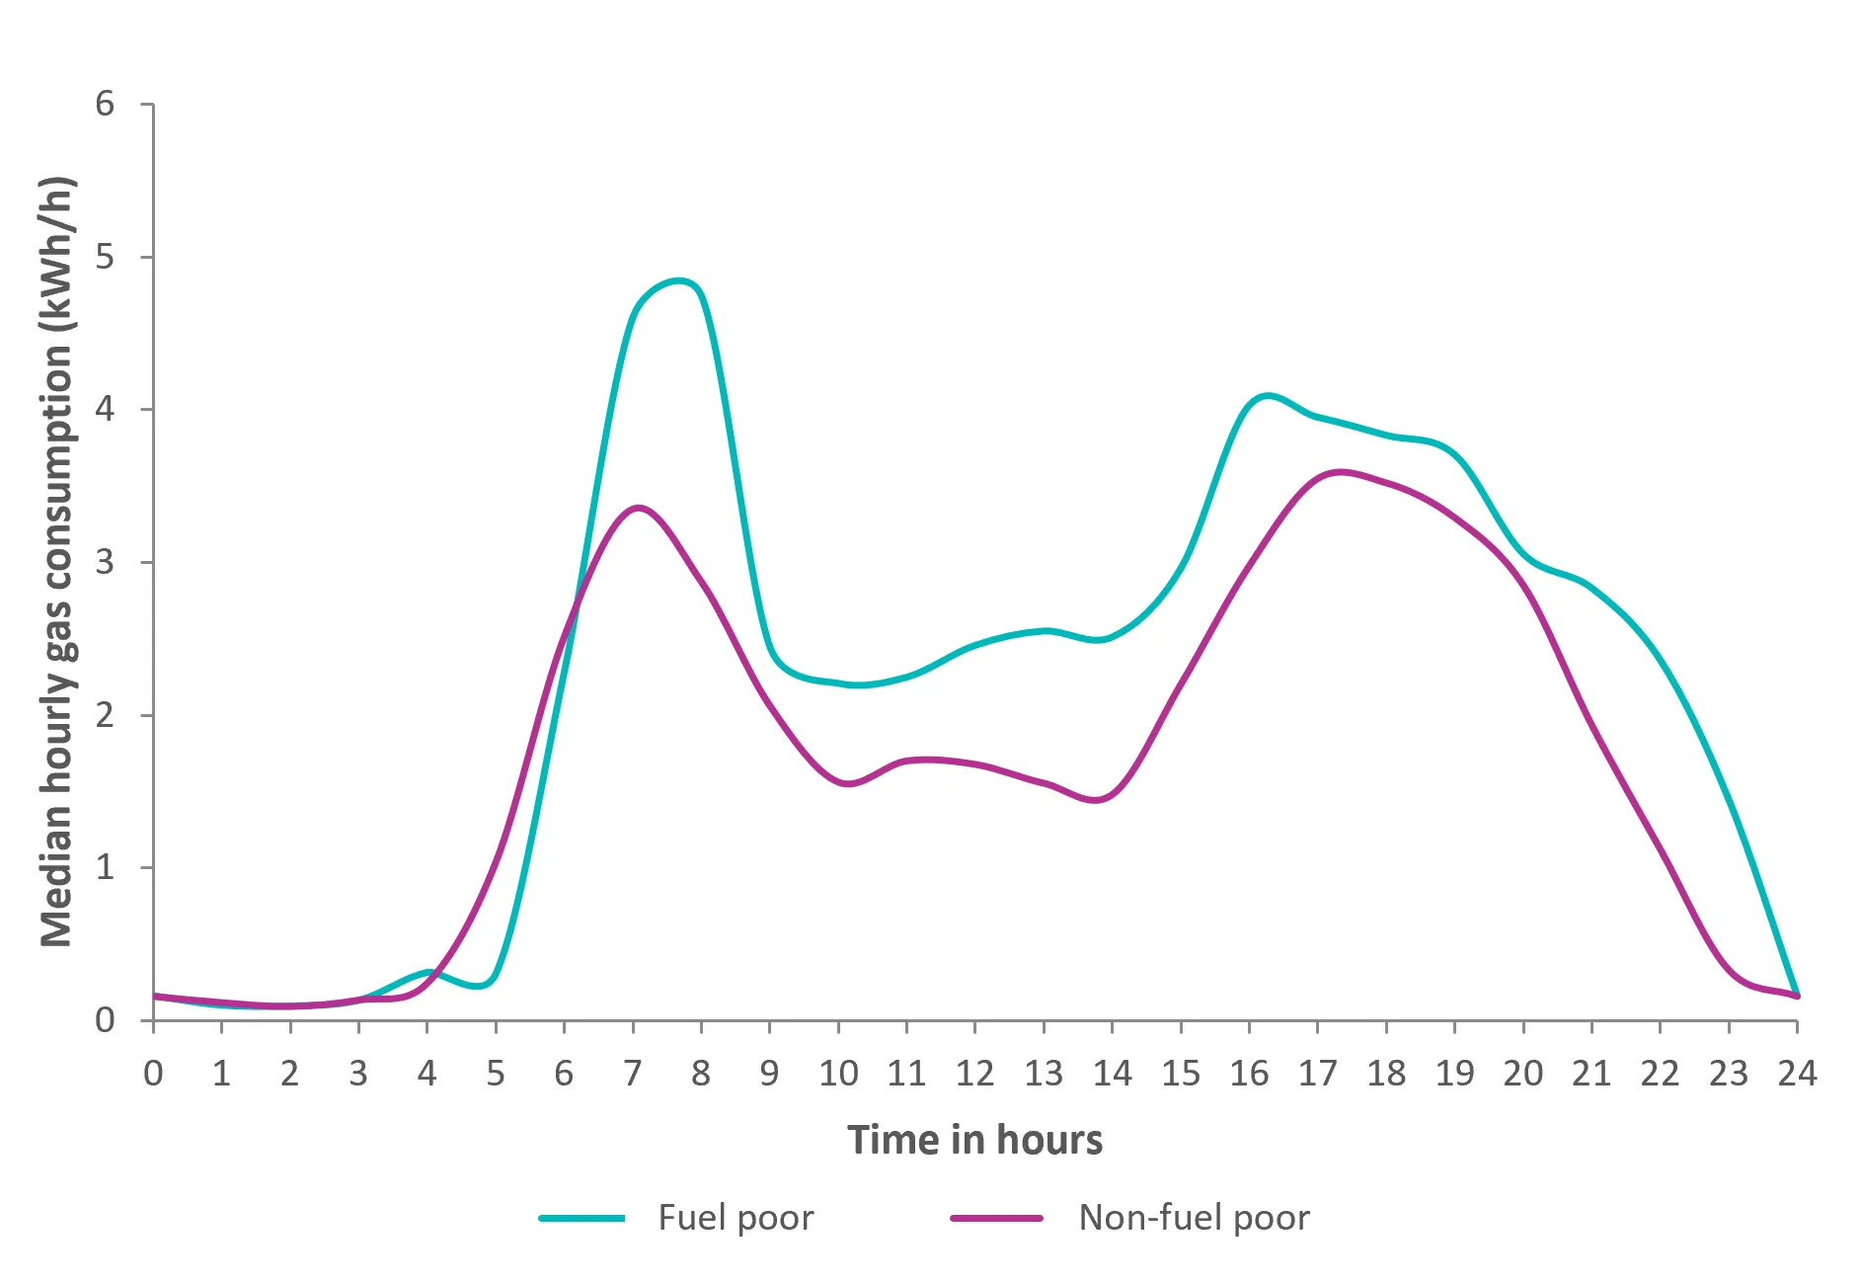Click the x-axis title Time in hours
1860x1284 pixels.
coord(974,1140)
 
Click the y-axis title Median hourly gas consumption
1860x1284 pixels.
coord(57,561)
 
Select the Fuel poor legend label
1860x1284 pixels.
coord(736,1218)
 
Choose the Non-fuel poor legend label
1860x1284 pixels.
coord(1194,1218)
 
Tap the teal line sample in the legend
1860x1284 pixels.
coord(581,1219)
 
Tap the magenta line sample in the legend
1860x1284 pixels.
coord(996,1219)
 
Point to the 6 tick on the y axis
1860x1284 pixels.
coord(105,104)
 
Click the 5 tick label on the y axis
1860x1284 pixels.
coord(105,257)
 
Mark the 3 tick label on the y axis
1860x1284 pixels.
coord(105,562)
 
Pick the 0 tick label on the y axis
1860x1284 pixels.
coord(105,1020)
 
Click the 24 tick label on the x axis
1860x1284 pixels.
coord(1796,1073)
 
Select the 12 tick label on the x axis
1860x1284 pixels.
coord(974,1073)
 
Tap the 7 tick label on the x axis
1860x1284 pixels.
coord(632,1073)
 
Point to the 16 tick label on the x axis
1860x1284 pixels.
coord(1249,1073)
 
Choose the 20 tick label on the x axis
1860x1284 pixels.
coord(1522,1073)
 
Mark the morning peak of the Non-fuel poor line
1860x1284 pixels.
coord(639,508)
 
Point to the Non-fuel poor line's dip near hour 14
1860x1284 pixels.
coord(1097,800)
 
